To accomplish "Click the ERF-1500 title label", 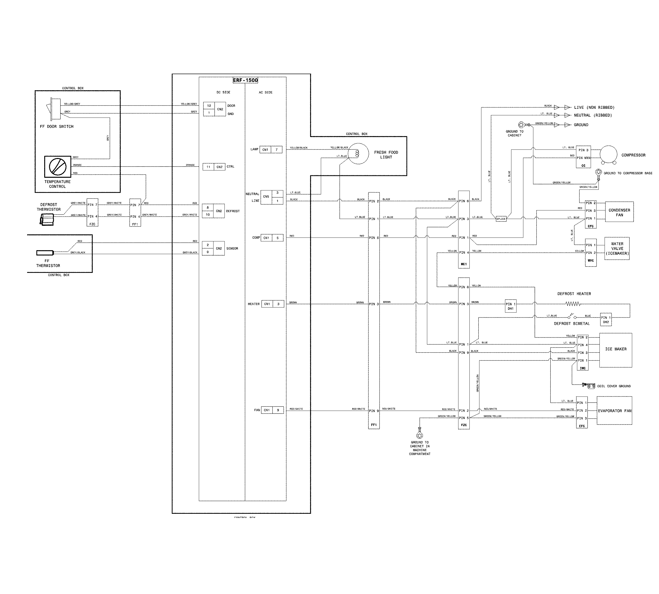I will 245,80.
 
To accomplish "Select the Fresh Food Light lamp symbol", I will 358,153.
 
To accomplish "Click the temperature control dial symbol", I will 58,167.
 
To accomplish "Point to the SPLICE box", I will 501,219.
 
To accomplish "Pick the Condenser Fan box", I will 619,212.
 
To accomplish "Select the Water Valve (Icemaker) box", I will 617,248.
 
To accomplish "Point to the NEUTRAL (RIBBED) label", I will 593,115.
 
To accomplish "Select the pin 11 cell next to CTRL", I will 208,167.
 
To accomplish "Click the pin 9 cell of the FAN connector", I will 278,410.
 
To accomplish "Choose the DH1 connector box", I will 510,306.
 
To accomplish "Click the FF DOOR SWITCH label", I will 57,127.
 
